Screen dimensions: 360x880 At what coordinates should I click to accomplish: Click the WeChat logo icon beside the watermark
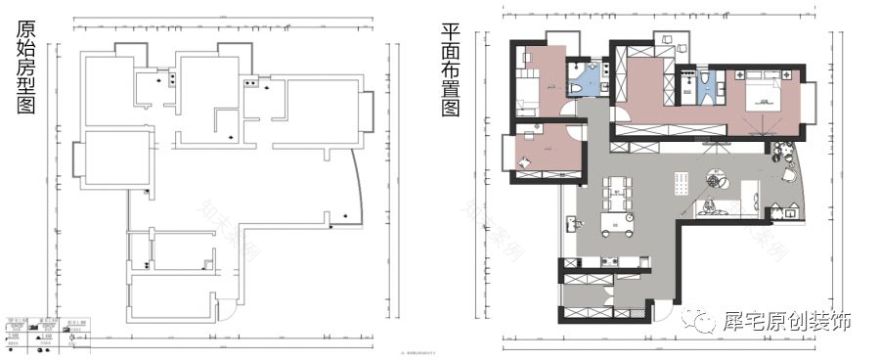coord(699,322)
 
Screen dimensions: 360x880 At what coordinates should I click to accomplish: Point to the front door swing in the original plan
coord(228,309)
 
